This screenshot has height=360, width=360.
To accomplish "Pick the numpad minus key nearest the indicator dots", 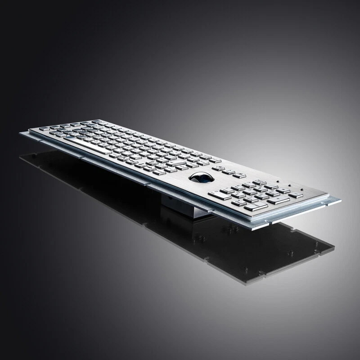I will pos(296,195).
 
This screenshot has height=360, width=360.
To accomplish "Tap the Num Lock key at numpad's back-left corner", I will pos(259,182).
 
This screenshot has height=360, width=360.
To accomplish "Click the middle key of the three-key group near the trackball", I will pos(229,171).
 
